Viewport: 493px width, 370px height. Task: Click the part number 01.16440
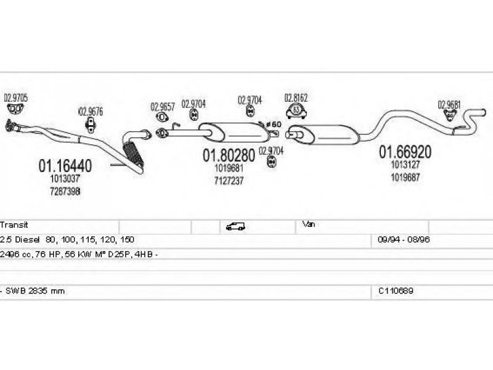point(65,166)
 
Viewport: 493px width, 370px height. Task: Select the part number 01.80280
point(229,156)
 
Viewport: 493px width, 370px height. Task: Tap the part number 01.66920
point(405,152)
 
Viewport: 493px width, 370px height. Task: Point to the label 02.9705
point(16,98)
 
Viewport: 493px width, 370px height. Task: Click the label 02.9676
point(91,112)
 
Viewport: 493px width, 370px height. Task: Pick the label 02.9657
point(163,106)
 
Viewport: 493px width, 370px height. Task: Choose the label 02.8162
point(296,97)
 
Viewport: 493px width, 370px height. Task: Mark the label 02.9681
point(449,104)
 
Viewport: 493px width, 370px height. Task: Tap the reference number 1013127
point(405,165)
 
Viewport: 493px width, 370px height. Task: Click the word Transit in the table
point(14,226)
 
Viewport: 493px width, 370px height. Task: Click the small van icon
point(235,226)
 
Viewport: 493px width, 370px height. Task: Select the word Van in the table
point(309,225)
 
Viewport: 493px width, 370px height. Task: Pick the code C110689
point(396,290)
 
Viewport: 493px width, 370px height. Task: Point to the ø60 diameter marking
point(274,124)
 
